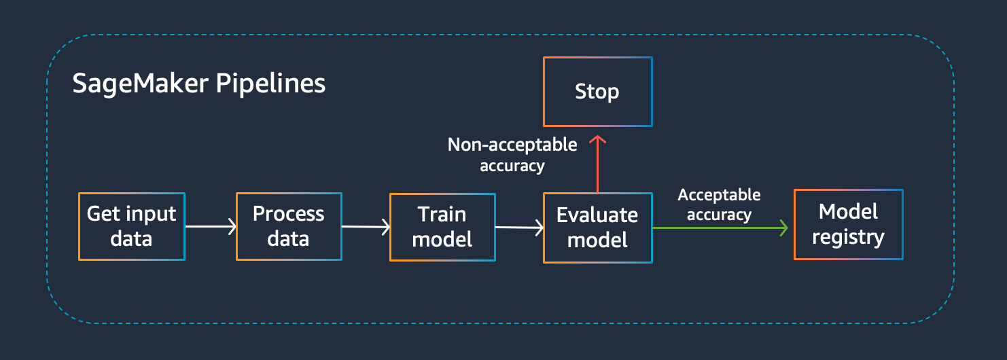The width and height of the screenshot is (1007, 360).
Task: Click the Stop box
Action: (x=597, y=92)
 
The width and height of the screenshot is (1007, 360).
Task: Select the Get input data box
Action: (x=132, y=226)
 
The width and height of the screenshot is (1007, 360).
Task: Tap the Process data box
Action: (x=289, y=226)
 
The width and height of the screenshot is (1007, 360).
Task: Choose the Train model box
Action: (x=442, y=227)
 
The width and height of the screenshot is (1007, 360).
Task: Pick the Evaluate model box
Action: (x=597, y=228)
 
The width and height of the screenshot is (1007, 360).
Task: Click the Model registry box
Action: (x=848, y=225)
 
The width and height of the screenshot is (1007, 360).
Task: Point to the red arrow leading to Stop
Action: (x=597, y=164)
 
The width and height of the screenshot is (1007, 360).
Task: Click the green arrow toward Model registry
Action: (x=720, y=228)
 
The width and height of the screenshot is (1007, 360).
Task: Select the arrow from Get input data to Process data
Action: (x=211, y=226)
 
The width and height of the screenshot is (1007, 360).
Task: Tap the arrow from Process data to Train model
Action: (x=366, y=226)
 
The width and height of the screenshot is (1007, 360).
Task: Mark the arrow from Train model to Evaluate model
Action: (x=520, y=228)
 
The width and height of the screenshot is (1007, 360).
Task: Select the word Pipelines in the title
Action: (x=270, y=84)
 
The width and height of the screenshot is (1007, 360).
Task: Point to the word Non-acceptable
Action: (x=512, y=145)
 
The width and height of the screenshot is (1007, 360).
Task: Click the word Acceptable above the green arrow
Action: (x=720, y=195)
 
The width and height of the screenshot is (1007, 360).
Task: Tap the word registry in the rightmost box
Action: (x=848, y=237)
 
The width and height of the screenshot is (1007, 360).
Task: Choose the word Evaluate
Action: (x=597, y=215)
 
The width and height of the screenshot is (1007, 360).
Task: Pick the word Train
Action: (x=442, y=215)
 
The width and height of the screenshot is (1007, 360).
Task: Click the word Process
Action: (x=289, y=213)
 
